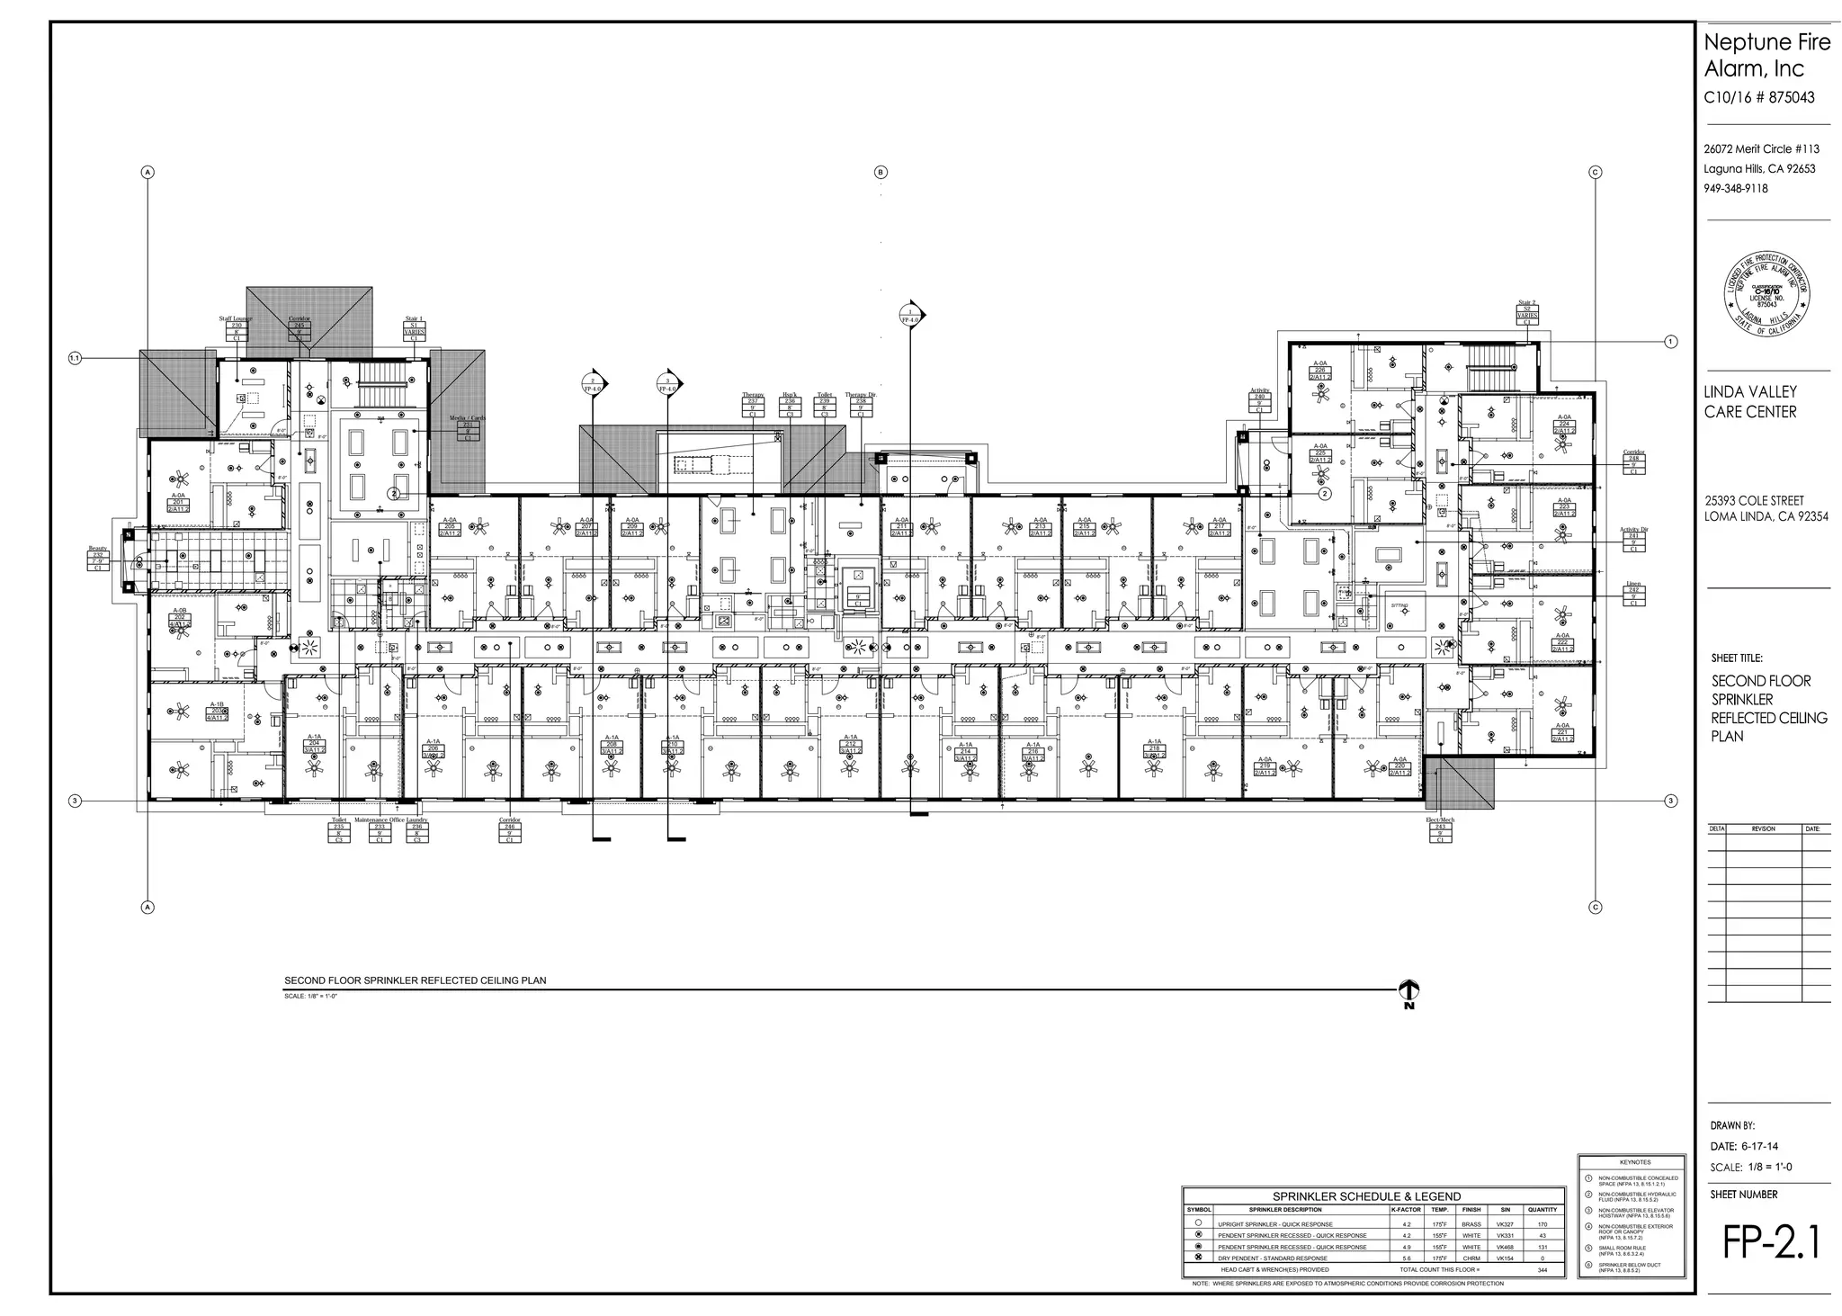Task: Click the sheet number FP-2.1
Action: coord(1770,1242)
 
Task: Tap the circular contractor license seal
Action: coord(1766,293)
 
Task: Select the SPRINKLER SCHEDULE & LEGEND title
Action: coord(1366,1196)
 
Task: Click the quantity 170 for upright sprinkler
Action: coord(1542,1224)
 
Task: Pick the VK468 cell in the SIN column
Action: coord(1505,1247)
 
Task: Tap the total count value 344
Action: coord(1542,1270)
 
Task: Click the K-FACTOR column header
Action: coord(1406,1210)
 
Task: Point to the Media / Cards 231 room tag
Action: coord(468,429)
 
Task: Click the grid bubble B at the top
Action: coord(881,172)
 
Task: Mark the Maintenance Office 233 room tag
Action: coord(379,830)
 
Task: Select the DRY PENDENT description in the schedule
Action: coord(1272,1258)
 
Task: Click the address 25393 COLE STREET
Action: coord(1754,500)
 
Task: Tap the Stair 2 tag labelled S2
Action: coord(1527,313)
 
